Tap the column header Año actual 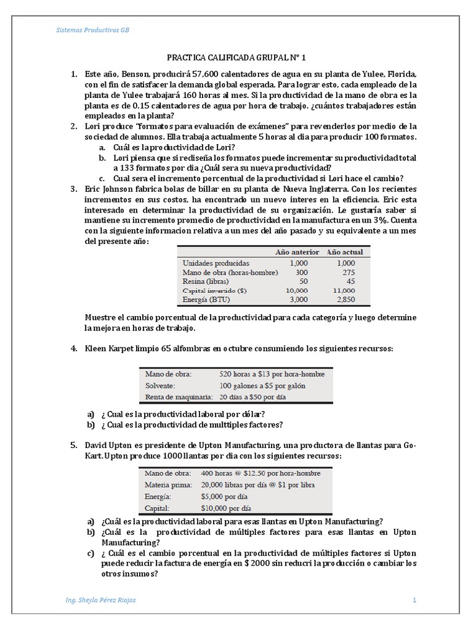coord(344,252)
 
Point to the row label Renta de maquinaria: coord(179,397)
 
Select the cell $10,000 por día coord(226,508)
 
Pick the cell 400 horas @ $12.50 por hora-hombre coord(261,473)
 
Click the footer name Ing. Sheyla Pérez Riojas coord(100,600)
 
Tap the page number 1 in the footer coord(414,600)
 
